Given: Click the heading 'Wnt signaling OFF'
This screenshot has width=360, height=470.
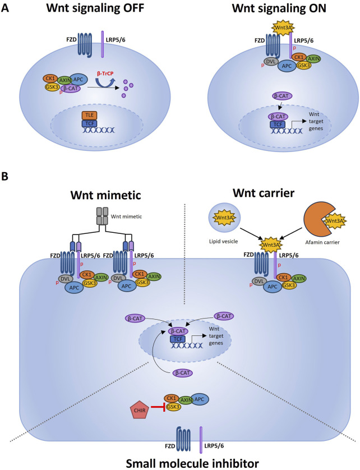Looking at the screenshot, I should click(85, 10).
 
